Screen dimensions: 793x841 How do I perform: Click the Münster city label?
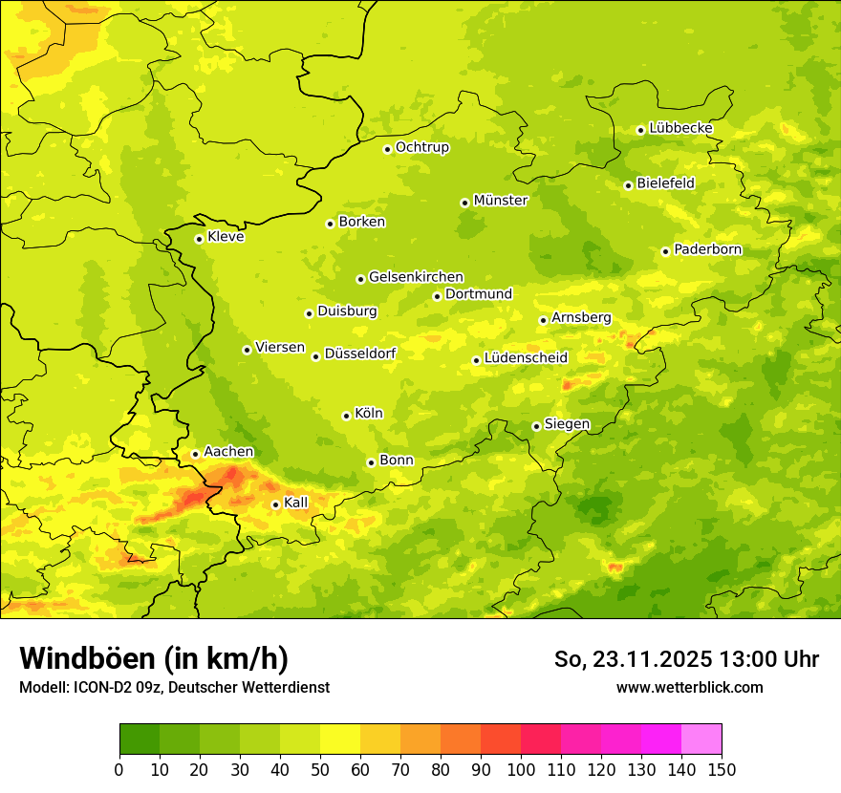[500, 201]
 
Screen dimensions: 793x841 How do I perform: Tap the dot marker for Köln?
[346, 416]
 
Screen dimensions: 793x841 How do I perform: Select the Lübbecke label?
[680, 128]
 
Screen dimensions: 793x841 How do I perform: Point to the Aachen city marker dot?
[195, 455]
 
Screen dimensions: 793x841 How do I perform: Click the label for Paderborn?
[707, 249]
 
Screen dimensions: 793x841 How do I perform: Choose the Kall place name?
[296, 503]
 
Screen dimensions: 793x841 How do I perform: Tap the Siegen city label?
[567, 424]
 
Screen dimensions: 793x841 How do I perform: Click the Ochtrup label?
[421, 147]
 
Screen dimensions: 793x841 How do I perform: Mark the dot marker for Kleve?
[199, 239]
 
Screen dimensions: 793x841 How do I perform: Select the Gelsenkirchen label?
[416, 277]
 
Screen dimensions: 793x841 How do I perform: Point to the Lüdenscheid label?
[526, 358]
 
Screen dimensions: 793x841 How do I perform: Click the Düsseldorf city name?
[359, 354]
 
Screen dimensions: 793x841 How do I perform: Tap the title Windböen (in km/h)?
[154, 658]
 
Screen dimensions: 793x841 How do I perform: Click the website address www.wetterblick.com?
[689, 687]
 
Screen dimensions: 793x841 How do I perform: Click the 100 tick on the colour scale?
[520, 770]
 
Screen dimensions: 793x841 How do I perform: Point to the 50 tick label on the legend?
[320, 770]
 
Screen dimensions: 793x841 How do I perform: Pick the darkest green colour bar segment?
[140, 739]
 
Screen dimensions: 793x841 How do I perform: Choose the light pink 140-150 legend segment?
[701, 739]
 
